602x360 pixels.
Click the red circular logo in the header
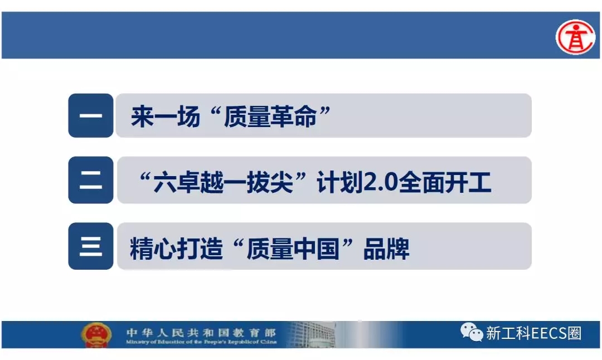[x=575, y=37]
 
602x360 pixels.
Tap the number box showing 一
[x=91, y=115]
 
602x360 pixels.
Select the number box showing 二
[x=91, y=180]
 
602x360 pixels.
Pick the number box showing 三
[x=91, y=246]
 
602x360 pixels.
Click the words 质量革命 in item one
[x=270, y=116]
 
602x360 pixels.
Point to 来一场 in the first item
[x=166, y=116]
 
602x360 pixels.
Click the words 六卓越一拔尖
[x=224, y=182]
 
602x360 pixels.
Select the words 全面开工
[x=445, y=182]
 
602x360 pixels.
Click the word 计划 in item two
[x=340, y=182]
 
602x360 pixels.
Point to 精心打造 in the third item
[x=176, y=249]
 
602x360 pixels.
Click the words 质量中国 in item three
[x=293, y=249]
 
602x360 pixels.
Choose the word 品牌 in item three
[x=386, y=249]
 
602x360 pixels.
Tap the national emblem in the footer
[x=96, y=334]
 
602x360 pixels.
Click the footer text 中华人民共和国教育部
[x=201, y=332]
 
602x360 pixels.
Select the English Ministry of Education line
[x=201, y=342]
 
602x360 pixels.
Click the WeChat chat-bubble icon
[x=472, y=332]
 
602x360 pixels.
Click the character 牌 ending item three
[x=398, y=249]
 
